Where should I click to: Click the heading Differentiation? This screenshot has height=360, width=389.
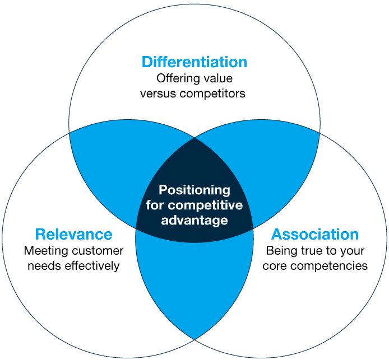click(x=194, y=62)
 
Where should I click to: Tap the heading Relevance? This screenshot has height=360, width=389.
click(x=73, y=234)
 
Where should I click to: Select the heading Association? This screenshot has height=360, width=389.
click(x=315, y=234)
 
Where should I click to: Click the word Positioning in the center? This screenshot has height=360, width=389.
click(x=194, y=190)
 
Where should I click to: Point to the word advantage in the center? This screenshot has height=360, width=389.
click(x=194, y=220)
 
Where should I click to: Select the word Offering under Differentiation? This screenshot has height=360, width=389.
click(x=176, y=78)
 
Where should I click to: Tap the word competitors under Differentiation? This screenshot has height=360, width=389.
click(x=212, y=93)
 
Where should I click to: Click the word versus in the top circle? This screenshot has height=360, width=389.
click(x=159, y=93)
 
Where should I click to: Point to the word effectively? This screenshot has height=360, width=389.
click(x=92, y=265)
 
